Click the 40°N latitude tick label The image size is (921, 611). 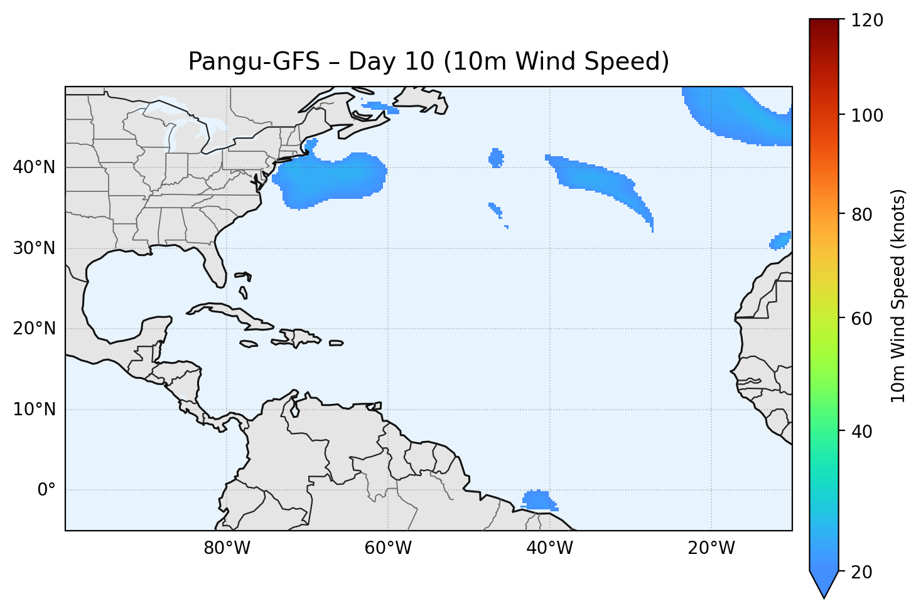[x=34, y=167]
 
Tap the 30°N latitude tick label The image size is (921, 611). [x=34, y=248]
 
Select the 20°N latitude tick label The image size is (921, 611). [x=34, y=329]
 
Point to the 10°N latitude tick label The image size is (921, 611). [x=34, y=410]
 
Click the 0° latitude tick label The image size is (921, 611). [x=46, y=490]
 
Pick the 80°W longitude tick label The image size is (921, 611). [x=227, y=548]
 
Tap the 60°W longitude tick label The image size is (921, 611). [x=388, y=548]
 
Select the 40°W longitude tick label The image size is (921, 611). [x=549, y=548]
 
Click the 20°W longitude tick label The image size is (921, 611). [x=711, y=548]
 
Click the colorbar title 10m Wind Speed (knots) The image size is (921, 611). [x=898, y=295]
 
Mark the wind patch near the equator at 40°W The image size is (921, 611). [x=537, y=500]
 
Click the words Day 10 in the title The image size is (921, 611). [x=390, y=61]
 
